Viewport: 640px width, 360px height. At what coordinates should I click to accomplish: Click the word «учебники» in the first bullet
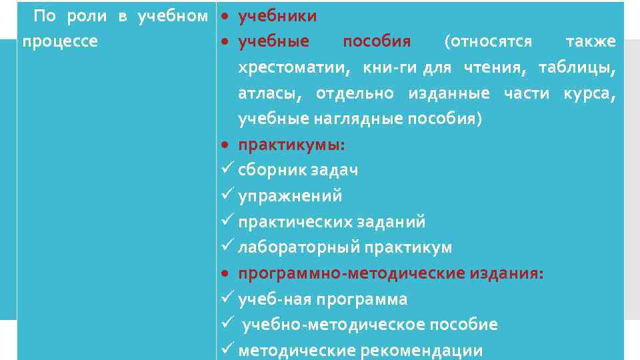(277, 15)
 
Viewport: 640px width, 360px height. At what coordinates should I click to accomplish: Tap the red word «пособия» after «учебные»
(377, 41)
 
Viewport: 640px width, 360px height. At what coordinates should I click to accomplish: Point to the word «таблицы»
(577, 67)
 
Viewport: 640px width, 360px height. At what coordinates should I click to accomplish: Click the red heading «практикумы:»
(292, 145)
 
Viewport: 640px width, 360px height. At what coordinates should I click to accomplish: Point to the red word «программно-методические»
(351, 273)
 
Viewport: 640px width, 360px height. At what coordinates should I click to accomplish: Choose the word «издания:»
(507, 273)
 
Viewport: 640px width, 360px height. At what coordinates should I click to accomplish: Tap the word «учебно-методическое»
(334, 325)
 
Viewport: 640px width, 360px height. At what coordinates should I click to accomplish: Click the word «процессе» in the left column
(60, 41)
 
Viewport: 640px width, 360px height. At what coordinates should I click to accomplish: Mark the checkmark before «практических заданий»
(225, 221)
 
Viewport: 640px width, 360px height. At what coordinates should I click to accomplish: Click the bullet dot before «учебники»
(226, 15)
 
